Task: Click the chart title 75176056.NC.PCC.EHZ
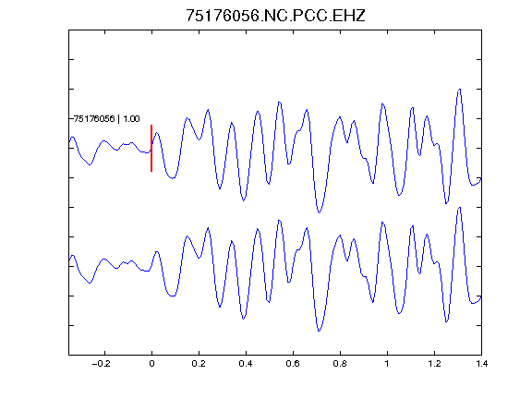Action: coord(275,16)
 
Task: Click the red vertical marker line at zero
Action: coord(151,148)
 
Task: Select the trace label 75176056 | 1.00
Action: coord(106,119)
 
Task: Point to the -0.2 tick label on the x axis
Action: coord(102,364)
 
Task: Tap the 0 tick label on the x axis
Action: coord(151,364)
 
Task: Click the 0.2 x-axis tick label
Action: coord(199,364)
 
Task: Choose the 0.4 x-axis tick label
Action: coord(246,364)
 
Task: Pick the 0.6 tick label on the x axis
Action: coord(293,364)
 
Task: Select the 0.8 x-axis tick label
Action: coord(340,364)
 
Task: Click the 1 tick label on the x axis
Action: coord(387,364)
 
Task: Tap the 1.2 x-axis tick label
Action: coord(434,364)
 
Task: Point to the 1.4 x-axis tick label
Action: coord(481,364)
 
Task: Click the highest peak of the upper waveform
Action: coord(460,90)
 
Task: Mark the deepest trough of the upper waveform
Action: coord(319,212)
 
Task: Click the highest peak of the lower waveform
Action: coord(460,207)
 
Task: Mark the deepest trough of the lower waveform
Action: coord(319,331)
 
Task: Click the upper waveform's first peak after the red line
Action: coord(157,133)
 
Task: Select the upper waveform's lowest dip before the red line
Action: coord(90,165)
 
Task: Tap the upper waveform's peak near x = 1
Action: coord(382,103)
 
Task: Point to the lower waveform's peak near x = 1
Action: coord(382,223)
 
